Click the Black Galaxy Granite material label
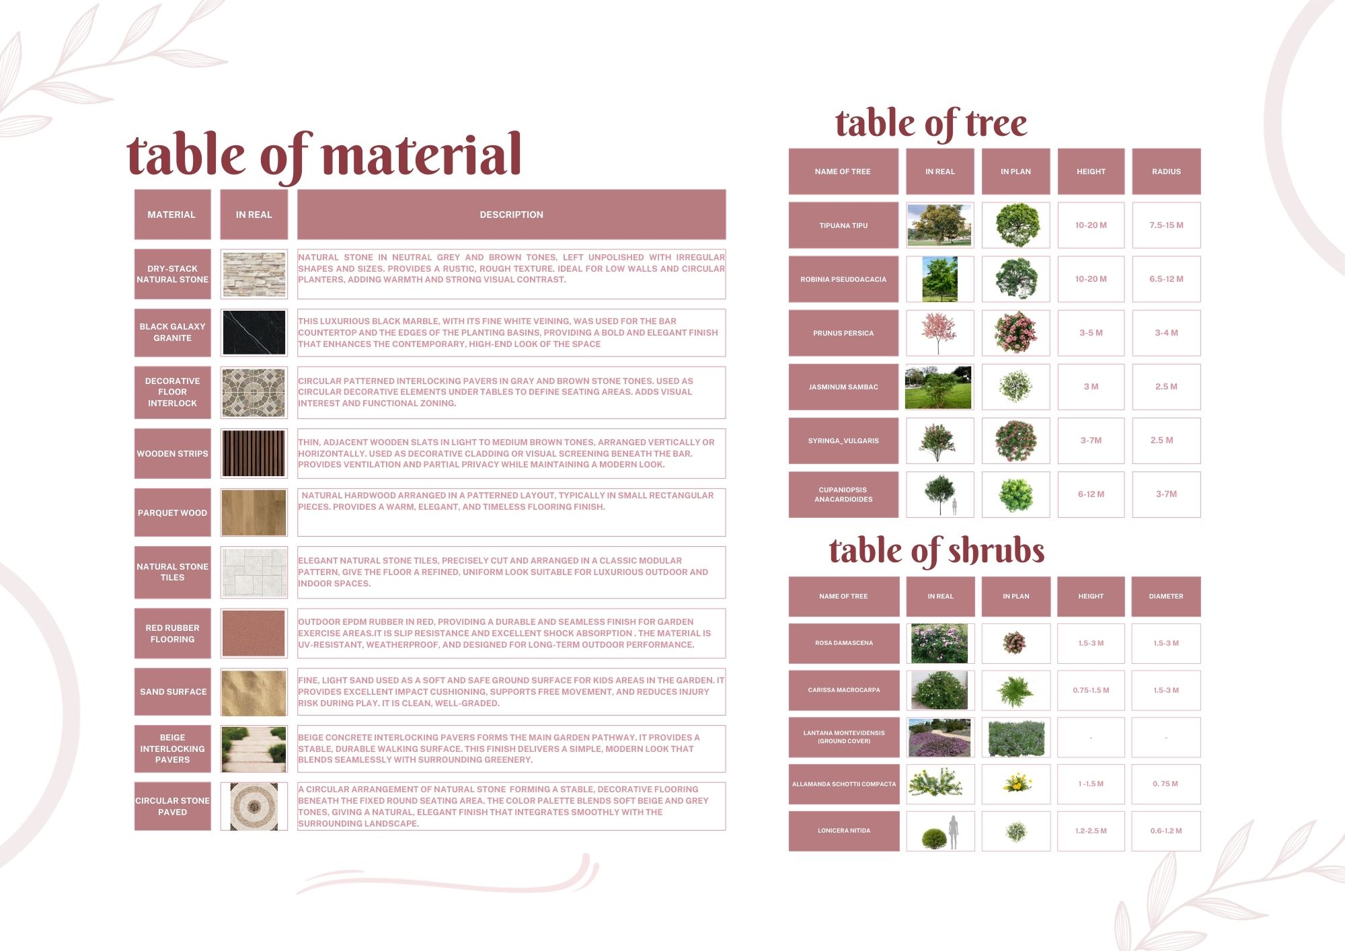[x=172, y=332]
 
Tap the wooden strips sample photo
[x=254, y=453]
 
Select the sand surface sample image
[x=254, y=691]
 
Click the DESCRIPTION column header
[x=511, y=215]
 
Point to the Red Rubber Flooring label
[x=172, y=634]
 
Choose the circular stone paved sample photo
[x=254, y=806]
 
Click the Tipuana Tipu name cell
[x=843, y=225]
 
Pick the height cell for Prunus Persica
[x=1091, y=333]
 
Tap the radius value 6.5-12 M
[x=1166, y=279]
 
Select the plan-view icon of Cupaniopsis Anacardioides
[x=1015, y=494]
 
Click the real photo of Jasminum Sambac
[x=939, y=387]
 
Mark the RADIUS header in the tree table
[x=1166, y=172]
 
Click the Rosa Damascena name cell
[x=843, y=643]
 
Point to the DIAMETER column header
[x=1166, y=596]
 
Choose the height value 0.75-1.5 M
[x=1091, y=690]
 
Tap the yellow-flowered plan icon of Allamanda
[x=1017, y=783]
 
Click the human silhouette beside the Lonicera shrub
[x=953, y=832]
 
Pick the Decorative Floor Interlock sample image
[x=254, y=392]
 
